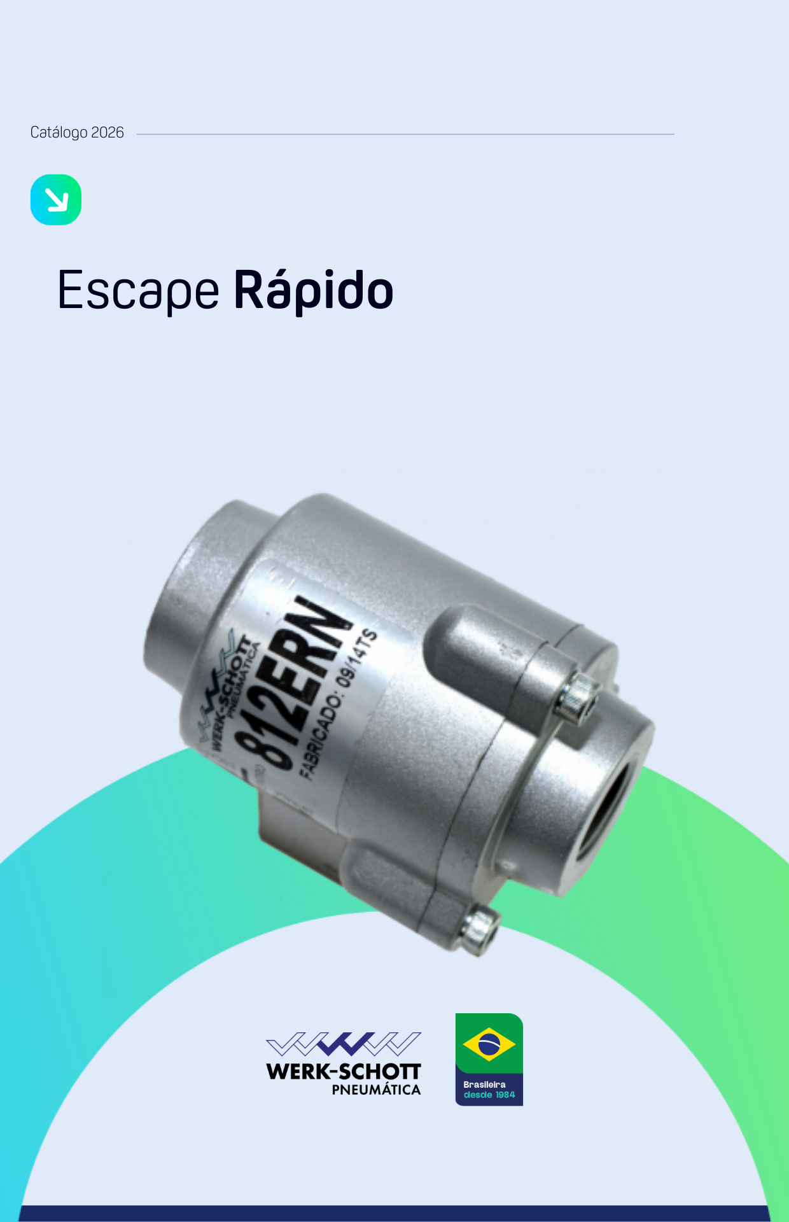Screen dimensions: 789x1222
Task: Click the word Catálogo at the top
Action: (59, 132)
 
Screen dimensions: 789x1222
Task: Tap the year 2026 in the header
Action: (108, 132)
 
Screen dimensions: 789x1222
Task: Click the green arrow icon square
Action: (56, 200)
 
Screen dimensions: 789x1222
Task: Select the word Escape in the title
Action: (138, 291)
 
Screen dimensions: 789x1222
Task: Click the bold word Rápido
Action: (314, 291)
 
